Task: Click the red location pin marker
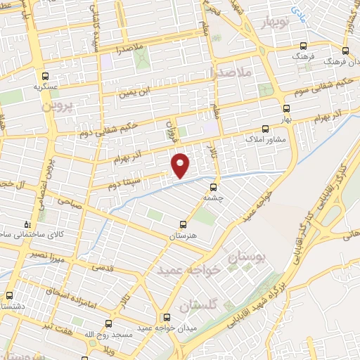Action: (x=181, y=165)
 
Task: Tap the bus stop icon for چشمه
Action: (x=213, y=187)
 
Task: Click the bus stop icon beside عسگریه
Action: (x=46, y=76)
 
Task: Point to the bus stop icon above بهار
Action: (x=285, y=109)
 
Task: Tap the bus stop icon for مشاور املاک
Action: (x=265, y=129)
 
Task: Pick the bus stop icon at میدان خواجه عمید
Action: (x=167, y=317)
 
